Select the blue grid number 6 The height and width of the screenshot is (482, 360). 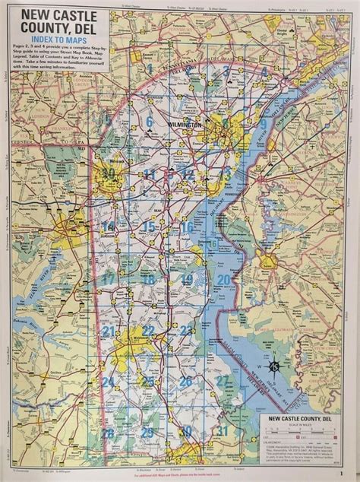(x=150, y=121)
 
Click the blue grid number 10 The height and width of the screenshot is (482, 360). (x=109, y=173)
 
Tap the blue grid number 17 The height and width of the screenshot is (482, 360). (x=109, y=279)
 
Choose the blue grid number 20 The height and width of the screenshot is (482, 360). (x=223, y=280)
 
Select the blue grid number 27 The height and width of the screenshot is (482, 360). (x=222, y=379)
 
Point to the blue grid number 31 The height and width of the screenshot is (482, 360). (x=222, y=431)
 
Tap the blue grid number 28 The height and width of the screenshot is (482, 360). (x=109, y=433)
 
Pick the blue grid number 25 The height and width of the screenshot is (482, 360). (x=149, y=381)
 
